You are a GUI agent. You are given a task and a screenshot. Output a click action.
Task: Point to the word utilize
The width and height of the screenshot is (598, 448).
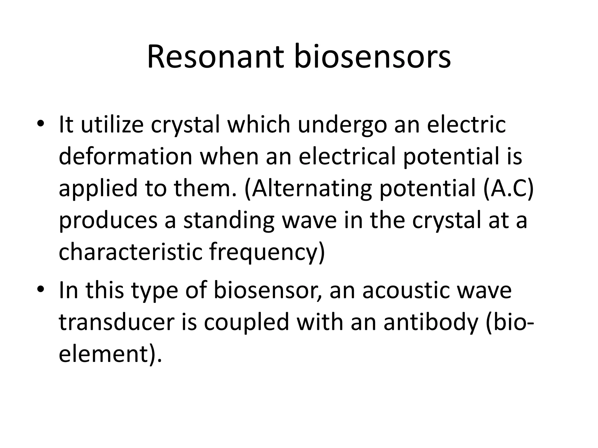pos(112,125)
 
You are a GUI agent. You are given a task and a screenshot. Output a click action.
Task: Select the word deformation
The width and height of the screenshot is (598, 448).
pos(126,156)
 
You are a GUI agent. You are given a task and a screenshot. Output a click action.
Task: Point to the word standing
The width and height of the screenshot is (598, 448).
pos(229,220)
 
